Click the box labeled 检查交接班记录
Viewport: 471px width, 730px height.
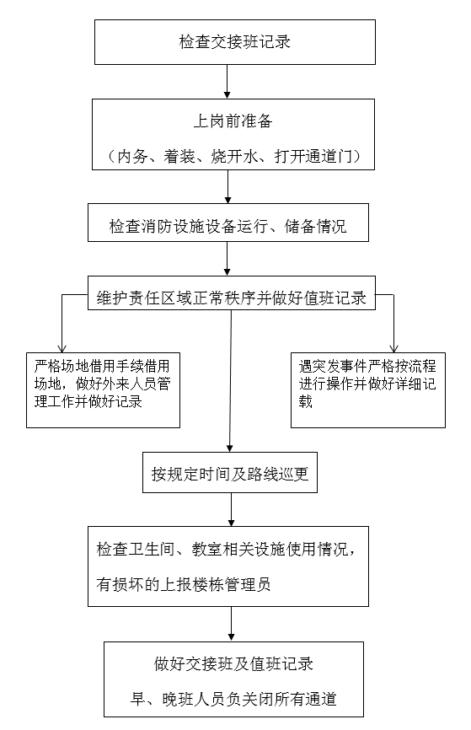234,42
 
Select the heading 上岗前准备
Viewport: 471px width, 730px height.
233,121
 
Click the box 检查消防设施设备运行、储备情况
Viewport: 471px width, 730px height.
228,223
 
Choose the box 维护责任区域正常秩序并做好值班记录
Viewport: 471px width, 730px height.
232,293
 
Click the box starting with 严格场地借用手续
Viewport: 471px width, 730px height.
103,390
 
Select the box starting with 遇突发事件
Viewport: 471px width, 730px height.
367,390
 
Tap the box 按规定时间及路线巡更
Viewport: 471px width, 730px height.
230,473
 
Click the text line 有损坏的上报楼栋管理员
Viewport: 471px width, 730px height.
184,584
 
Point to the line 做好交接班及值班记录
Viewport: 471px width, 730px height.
233,664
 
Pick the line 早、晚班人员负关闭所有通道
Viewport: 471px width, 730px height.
233,698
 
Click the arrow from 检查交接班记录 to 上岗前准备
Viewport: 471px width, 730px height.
227,82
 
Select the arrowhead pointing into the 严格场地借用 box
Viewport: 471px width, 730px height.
62,348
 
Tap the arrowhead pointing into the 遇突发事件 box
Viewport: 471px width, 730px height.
393,348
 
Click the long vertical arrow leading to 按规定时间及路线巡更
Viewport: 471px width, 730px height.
231,381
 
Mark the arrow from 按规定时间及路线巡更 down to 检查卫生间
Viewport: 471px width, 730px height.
232,510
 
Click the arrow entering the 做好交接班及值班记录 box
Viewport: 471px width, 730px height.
232,624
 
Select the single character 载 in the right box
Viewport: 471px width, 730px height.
305,401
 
